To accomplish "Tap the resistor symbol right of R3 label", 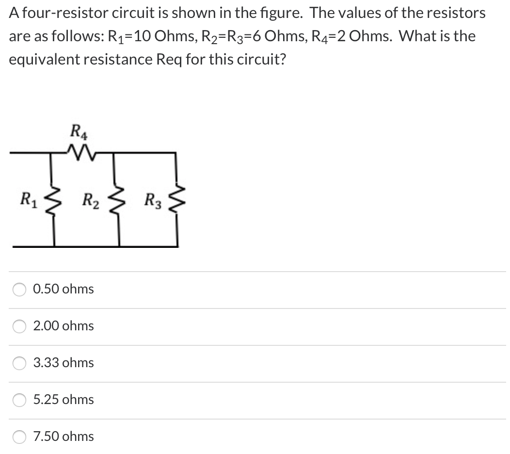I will (177, 199).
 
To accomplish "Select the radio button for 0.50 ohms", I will (19, 290).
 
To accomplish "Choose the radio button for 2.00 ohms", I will (19, 326).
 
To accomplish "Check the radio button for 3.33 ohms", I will (19, 363).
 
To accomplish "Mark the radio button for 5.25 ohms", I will (19, 400).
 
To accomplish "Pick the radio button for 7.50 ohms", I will (19, 437).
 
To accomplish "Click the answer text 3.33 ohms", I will (64, 363).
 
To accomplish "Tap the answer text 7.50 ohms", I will (64, 437).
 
